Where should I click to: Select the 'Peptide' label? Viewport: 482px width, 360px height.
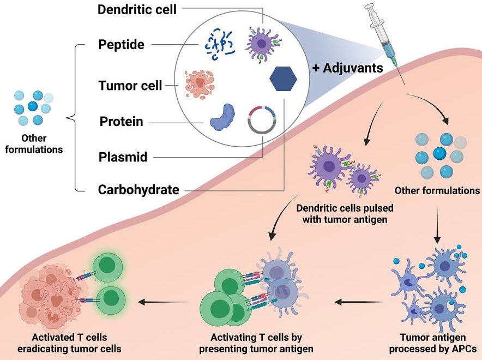coord(121,44)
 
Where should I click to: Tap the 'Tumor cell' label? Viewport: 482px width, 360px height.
coord(130,86)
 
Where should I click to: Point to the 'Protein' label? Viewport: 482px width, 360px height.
coord(121,121)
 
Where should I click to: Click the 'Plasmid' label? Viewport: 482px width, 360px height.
coord(123,157)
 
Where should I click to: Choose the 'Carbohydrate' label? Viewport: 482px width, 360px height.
coord(138,190)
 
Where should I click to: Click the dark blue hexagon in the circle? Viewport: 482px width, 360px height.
coord(283,81)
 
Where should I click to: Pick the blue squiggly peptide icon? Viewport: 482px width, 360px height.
coord(219,44)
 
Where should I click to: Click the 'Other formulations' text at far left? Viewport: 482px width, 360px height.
coord(35,143)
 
